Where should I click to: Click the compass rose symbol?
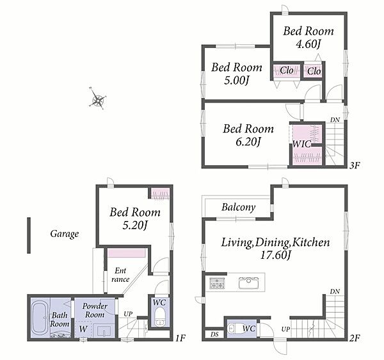pos(97,99)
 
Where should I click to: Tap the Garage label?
pos(65,234)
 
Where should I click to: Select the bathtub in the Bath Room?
pos(40,318)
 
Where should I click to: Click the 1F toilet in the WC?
pos(159,318)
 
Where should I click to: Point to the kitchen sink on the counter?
pos(249,283)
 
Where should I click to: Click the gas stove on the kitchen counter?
pos(217,283)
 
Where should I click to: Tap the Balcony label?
pos(238,208)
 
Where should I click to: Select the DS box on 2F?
pos(214,334)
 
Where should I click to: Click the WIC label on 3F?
pos(301,144)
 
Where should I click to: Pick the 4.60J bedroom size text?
pos(308,44)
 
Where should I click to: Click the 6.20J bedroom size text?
pos(248,142)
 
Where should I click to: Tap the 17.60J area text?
pos(275,256)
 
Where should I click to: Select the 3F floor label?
pos(355,166)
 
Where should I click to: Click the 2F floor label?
pos(355,338)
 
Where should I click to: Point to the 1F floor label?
pos(180,338)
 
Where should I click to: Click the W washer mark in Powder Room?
pos(83,329)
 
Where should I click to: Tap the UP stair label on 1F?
pos(128,314)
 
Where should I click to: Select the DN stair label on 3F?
pos(335,120)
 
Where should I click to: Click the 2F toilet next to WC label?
pos(234,329)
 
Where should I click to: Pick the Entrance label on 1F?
pos(120,275)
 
